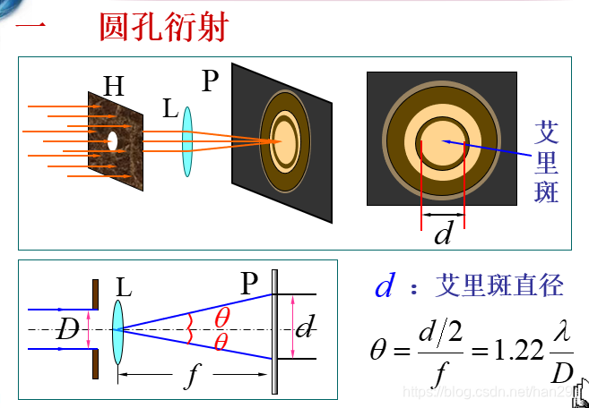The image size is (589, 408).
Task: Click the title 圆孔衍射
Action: tap(163, 26)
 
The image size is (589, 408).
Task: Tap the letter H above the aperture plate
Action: tap(114, 86)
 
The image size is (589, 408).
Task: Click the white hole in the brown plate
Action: tap(113, 140)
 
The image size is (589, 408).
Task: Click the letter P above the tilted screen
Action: tap(211, 81)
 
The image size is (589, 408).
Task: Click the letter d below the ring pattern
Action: tap(443, 234)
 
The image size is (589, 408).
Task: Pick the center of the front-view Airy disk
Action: tap(442, 140)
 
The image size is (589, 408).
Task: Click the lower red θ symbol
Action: tap(221, 343)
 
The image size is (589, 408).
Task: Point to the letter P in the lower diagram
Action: tap(249, 285)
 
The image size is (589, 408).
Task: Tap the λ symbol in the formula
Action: tap(560, 330)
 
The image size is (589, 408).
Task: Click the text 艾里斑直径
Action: tap(498, 285)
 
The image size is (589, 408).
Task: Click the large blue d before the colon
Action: tap(385, 286)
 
